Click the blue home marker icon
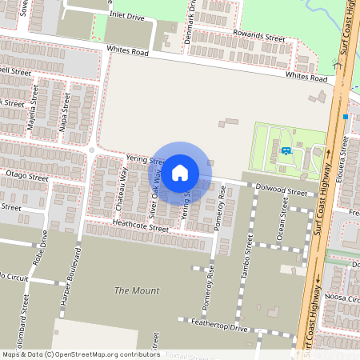click(180, 172)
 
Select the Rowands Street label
click(259, 36)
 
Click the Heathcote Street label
click(141, 228)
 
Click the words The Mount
click(137, 290)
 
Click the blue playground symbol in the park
click(286, 151)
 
